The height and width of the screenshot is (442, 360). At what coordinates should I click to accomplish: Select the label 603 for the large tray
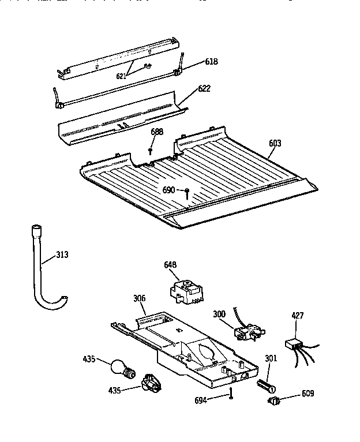pyautogui.click(x=274, y=143)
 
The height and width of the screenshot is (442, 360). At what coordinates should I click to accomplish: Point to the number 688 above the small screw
pyautogui.click(x=157, y=132)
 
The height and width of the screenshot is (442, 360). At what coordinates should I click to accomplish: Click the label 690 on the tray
pyautogui.click(x=168, y=190)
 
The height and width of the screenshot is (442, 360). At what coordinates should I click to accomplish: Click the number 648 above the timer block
pyautogui.click(x=170, y=265)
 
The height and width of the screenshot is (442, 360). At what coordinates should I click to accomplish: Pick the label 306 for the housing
pyautogui.click(x=140, y=298)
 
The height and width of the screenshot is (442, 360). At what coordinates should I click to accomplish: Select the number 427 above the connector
pyautogui.click(x=297, y=316)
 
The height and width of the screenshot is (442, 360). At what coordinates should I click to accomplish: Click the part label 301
pyautogui.click(x=271, y=358)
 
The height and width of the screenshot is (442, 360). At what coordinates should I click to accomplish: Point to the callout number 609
pyautogui.click(x=308, y=395)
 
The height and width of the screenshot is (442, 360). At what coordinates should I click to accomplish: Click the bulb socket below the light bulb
pyautogui.click(x=150, y=382)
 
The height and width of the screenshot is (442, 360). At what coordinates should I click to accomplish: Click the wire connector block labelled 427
pyautogui.click(x=296, y=344)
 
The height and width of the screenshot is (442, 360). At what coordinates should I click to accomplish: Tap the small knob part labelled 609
pyautogui.click(x=274, y=401)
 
